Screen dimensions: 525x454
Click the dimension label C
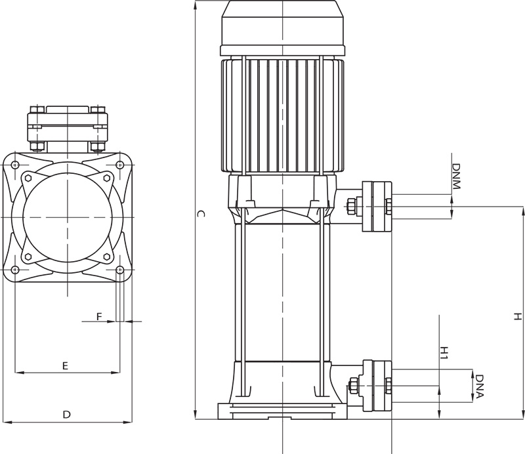click(200, 214)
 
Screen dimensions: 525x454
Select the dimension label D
click(67, 415)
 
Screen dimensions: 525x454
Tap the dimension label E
click(65, 365)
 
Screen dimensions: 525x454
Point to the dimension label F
click(99, 316)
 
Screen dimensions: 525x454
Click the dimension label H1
click(444, 352)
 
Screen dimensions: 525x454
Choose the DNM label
click(456, 176)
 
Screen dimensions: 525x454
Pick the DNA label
click(480, 386)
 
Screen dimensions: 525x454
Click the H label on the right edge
click(518, 316)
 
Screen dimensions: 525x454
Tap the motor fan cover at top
click(283, 28)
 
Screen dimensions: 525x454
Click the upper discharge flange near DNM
click(377, 207)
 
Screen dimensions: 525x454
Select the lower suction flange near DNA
click(377, 386)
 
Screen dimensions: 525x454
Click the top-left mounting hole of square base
click(14, 165)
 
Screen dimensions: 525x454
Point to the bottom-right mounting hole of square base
click(119, 270)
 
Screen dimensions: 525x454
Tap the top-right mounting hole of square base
click(119, 165)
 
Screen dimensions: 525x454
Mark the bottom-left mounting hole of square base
click(14, 270)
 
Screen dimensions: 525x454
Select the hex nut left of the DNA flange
click(352, 386)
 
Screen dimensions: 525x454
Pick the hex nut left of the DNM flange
click(351, 206)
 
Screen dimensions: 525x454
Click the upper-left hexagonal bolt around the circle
click(28, 178)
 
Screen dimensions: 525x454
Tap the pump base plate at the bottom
click(283, 411)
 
